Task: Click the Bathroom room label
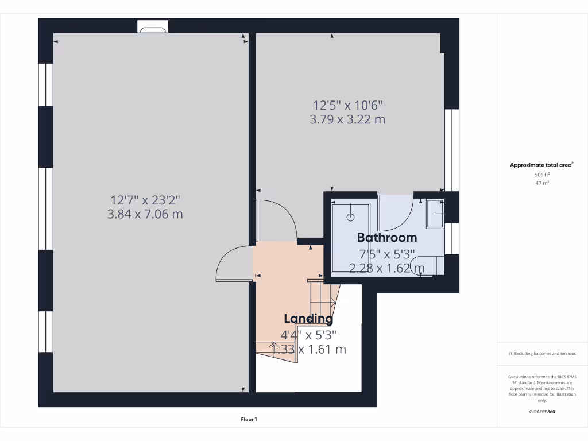(387, 237)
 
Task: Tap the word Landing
(308, 319)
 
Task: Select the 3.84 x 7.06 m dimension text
(145, 214)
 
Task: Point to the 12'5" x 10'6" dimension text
(347, 105)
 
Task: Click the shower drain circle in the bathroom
(350, 217)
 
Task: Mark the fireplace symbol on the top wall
(153, 27)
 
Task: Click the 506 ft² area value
(542, 175)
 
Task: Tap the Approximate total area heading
(541, 165)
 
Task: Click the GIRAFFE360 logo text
(542, 412)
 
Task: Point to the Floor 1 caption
(249, 420)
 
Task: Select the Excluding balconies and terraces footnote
(542, 354)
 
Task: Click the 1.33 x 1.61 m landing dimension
(308, 349)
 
